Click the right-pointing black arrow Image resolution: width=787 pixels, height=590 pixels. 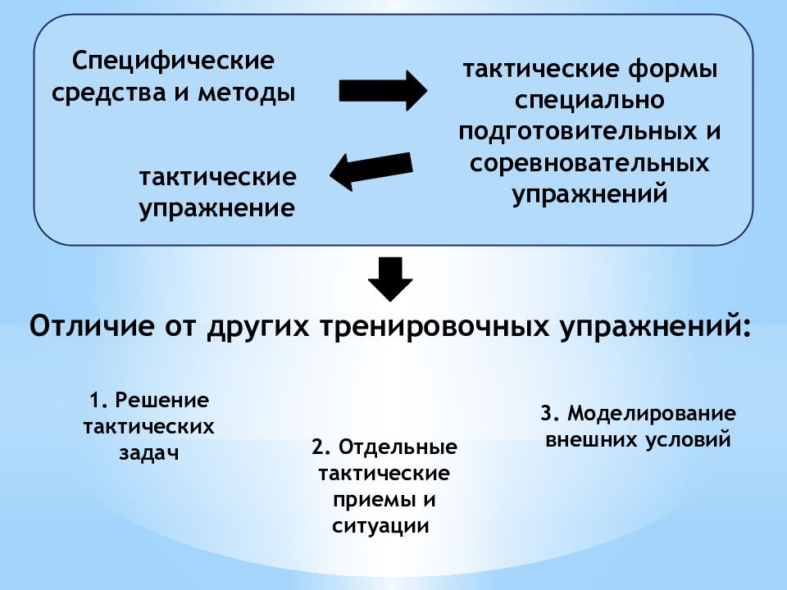pyautogui.click(x=383, y=91)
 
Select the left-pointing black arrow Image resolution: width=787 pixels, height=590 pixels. pyautogui.click(x=371, y=170)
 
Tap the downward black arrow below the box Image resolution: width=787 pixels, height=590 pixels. pyautogui.click(x=390, y=279)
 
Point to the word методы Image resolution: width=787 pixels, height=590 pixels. pyautogui.click(x=246, y=93)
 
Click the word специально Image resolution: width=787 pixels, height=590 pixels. pyautogui.click(x=589, y=101)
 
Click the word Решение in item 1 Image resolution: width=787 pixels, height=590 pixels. pyautogui.click(x=162, y=401)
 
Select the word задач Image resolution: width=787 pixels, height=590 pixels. pyautogui.click(x=148, y=453)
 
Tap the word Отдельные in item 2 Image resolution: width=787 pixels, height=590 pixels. pyautogui.click(x=398, y=447)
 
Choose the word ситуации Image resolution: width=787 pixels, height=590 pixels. pyautogui.click(x=380, y=526)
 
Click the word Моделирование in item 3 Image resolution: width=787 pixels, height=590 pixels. pyautogui.click(x=652, y=414)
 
